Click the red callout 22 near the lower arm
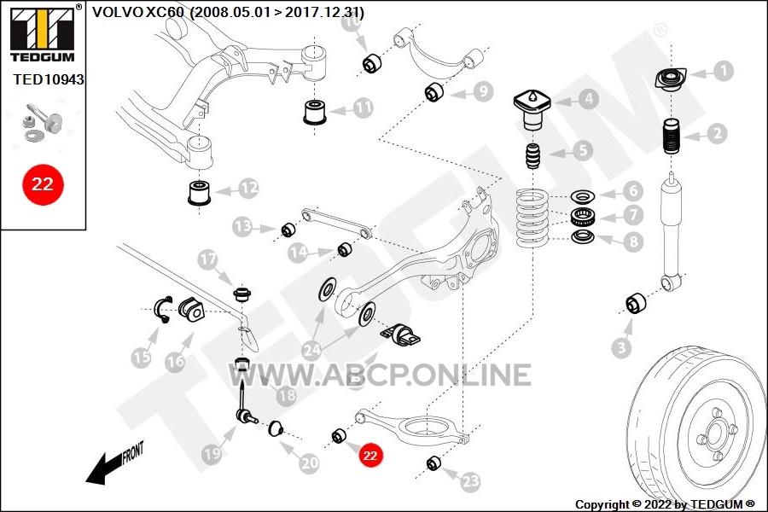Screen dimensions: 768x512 [x=369, y=456]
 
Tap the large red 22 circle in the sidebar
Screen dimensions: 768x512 [x=43, y=184]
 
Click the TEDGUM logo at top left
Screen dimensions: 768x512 [x=43, y=34]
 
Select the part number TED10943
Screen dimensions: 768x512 [x=48, y=79]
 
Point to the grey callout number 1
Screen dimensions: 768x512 [x=723, y=71]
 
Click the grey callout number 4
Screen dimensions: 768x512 [x=588, y=100]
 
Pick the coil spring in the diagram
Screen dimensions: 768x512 [x=531, y=218]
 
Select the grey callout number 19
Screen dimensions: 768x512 [x=212, y=454]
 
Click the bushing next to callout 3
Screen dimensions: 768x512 [x=636, y=304]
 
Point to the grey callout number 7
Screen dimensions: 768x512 [x=633, y=214]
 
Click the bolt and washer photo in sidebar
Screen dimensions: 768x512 [x=44, y=123]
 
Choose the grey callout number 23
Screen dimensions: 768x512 [x=470, y=481]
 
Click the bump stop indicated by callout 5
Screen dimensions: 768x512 [x=532, y=156]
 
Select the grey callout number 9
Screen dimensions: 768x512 [x=483, y=91]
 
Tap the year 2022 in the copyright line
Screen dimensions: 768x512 [x=658, y=504]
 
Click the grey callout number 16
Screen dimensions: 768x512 [x=175, y=362]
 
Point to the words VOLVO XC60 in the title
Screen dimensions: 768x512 [x=137, y=12]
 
